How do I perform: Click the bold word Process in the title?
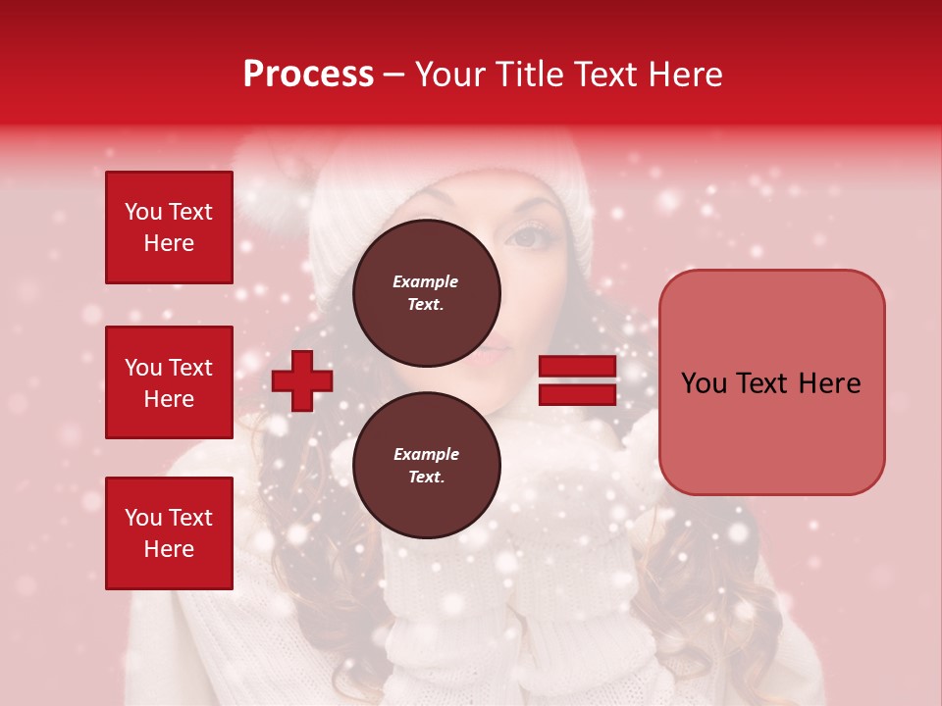click(308, 75)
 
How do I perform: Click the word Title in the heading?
click(530, 75)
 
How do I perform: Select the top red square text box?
click(169, 227)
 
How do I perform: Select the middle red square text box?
click(169, 382)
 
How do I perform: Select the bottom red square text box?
click(169, 533)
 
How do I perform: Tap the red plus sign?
click(302, 381)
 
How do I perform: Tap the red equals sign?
click(577, 380)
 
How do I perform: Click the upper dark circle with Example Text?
click(426, 292)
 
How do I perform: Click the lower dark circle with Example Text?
click(426, 465)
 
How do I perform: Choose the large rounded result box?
click(771, 382)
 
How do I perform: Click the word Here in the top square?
click(169, 243)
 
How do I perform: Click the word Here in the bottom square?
click(169, 549)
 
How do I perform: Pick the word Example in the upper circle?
click(426, 281)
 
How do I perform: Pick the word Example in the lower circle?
click(426, 454)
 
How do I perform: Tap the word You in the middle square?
click(143, 368)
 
